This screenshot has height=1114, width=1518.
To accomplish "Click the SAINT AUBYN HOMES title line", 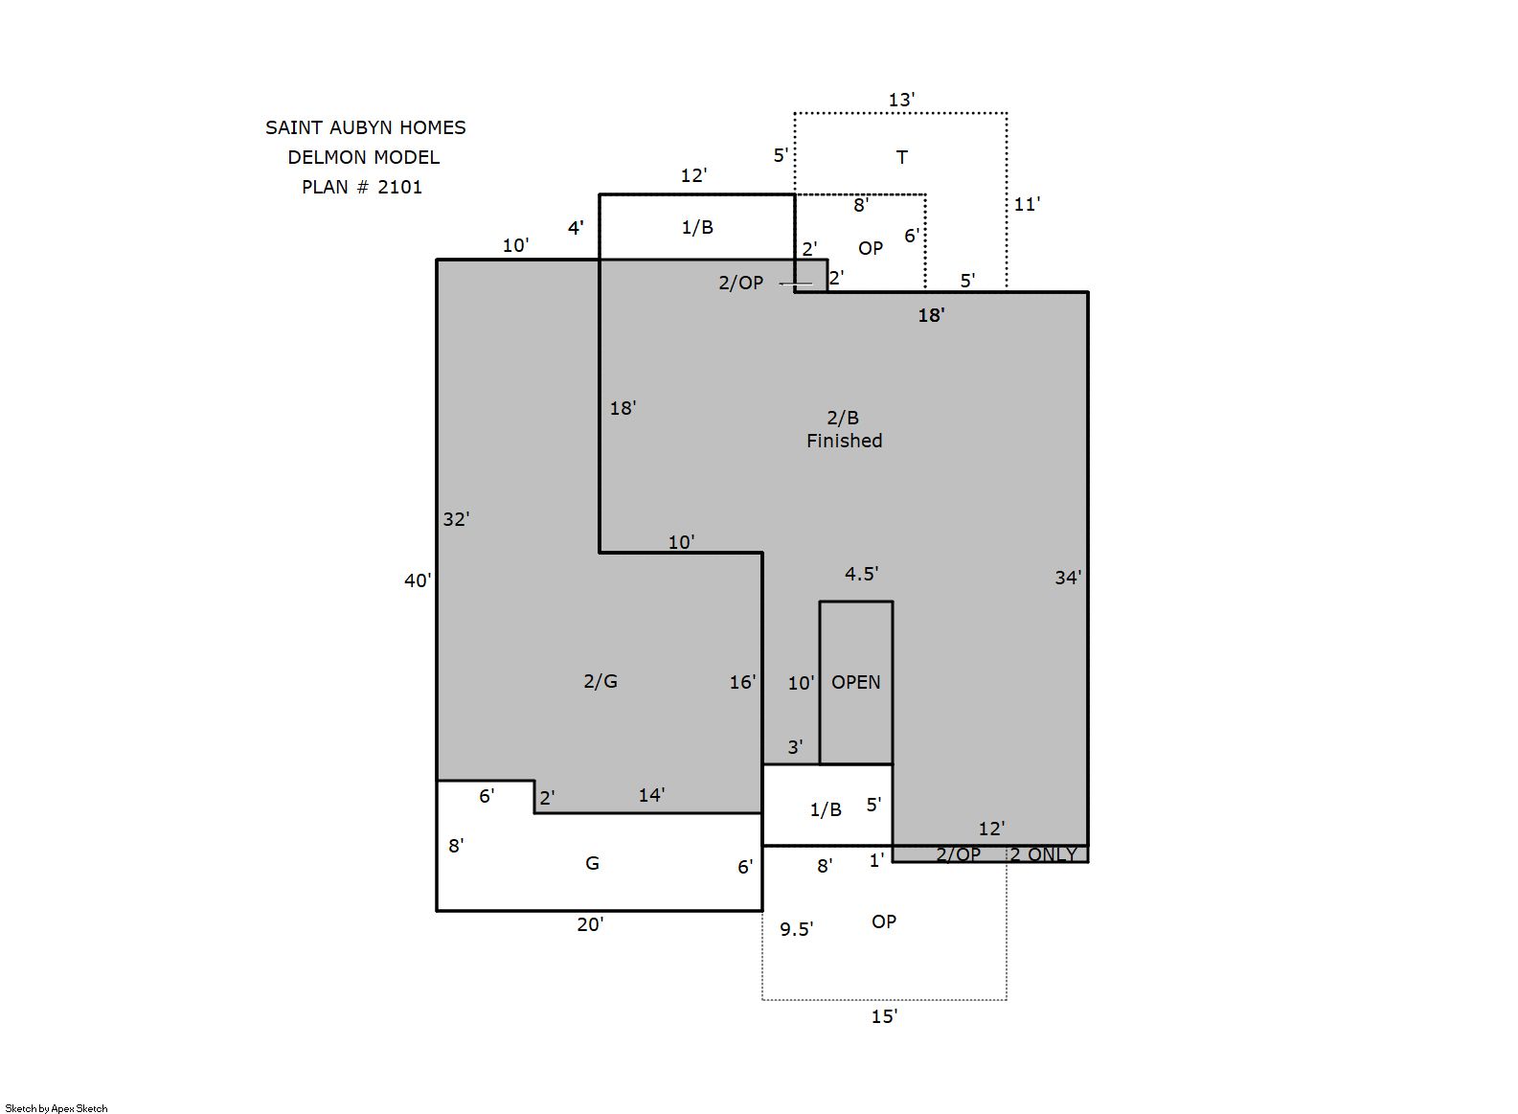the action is (x=365, y=127).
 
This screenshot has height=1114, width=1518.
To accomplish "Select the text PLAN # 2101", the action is (x=362, y=187).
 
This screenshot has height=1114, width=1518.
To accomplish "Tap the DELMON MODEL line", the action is (x=363, y=157).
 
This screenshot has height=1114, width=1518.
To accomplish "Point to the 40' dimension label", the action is (x=418, y=580).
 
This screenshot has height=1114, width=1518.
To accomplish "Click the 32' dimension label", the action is (x=456, y=519).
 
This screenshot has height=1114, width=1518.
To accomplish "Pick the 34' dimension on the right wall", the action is (x=1068, y=578).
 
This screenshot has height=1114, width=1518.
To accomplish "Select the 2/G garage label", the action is (x=600, y=681).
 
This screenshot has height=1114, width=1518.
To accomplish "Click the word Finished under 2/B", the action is (x=845, y=441).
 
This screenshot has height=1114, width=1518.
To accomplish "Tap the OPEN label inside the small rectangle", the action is (x=856, y=682).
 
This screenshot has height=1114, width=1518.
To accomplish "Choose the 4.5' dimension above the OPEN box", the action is (x=861, y=574).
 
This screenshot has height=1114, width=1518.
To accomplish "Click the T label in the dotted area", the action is (x=902, y=157).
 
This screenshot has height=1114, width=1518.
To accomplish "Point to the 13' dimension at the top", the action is (x=901, y=100).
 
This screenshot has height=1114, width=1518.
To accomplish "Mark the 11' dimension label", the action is (x=1027, y=204).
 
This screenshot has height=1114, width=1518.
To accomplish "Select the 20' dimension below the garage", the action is (x=590, y=924).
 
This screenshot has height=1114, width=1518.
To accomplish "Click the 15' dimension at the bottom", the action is (x=884, y=1016).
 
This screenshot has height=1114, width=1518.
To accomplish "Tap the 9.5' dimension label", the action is (x=796, y=928).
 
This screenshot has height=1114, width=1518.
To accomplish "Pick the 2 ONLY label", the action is (x=1044, y=854).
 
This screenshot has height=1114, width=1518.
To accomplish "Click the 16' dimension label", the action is (x=742, y=682).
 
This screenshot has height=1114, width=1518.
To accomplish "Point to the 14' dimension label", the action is (x=651, y=795).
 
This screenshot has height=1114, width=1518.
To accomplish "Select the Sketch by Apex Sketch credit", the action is (x=57, y=1108).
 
